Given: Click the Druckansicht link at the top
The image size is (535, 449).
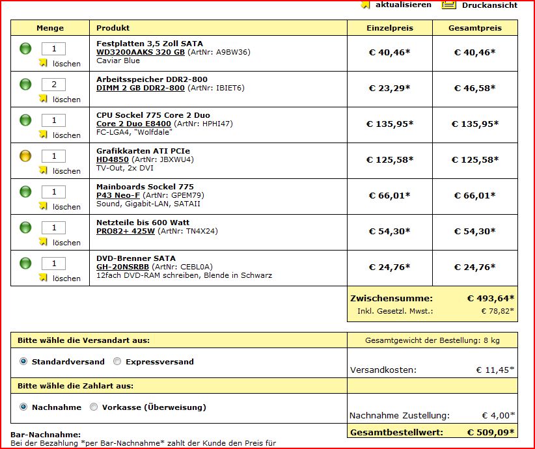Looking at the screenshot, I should coord(489,5).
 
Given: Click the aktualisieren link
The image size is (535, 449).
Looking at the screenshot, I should coord(403,5).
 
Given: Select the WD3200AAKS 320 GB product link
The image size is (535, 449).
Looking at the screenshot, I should coord(141,52).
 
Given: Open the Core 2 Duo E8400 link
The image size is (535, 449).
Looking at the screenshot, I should coord(133,124).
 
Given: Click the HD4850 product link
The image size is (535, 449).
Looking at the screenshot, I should coord(113,159).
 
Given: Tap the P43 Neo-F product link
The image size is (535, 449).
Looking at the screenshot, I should coord(118,195).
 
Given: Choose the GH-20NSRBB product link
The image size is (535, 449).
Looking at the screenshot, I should coord(122,267).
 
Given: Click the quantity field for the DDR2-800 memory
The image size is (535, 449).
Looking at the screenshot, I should coord(54,85).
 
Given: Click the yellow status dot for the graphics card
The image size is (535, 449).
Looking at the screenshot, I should coord(25,156).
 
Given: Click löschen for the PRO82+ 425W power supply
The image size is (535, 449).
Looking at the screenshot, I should coord(66,243).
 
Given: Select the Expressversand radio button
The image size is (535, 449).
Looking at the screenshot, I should coord(117,362).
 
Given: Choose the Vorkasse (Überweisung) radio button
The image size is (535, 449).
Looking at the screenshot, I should coord(94,407).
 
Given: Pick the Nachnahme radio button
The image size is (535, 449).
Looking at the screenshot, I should coord(24,407).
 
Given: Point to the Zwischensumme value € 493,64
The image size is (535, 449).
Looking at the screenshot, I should coord(490,299).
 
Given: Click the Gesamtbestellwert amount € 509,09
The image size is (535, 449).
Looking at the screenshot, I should coord(490,432).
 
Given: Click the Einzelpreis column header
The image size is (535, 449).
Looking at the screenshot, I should coord(389,28).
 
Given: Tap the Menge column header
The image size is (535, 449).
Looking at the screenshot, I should coord(50,28).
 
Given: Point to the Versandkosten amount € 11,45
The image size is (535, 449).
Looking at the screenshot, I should coord(495,370).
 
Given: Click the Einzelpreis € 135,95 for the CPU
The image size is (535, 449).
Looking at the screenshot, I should coord(389,124).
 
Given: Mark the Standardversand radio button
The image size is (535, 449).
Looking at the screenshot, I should coord(24,362).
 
